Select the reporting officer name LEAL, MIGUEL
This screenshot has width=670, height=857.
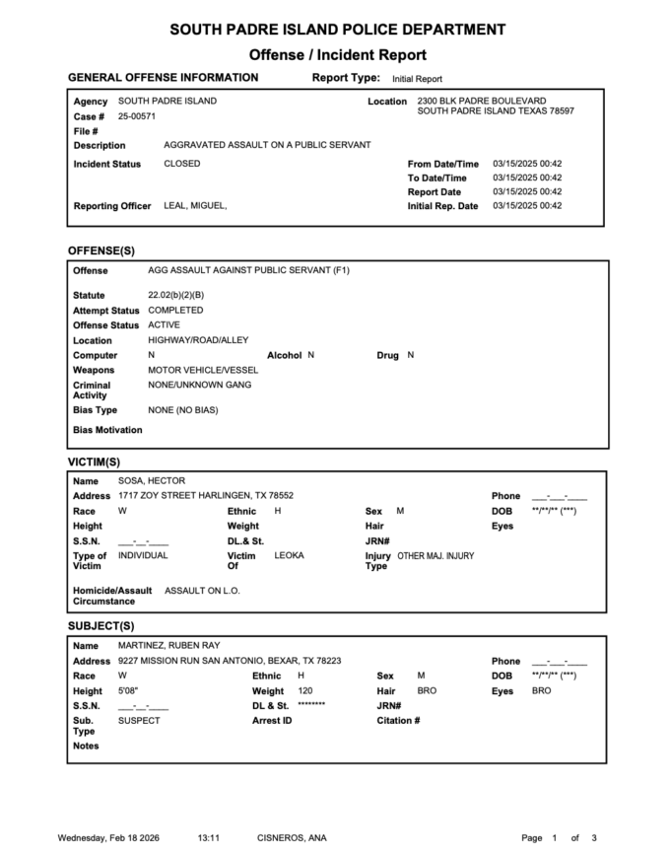195,206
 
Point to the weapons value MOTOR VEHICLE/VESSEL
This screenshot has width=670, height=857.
197,370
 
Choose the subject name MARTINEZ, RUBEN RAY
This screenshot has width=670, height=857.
168,645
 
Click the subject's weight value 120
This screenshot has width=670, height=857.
304,691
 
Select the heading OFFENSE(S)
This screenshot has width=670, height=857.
100,250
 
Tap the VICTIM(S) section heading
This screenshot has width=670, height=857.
94,461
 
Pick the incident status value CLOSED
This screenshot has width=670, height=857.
181,164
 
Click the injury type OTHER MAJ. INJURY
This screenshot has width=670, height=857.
435,556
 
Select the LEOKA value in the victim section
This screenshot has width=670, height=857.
289,555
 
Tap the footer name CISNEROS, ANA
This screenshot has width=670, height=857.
292,838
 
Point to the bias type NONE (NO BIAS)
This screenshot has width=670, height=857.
182,409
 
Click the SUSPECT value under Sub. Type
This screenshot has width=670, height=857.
139,721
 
